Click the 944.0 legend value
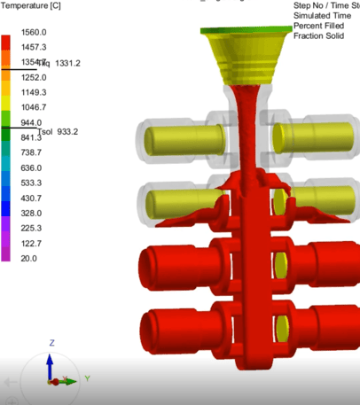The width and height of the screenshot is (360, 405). point(32,122)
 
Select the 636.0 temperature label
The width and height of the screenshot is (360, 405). point(32,167)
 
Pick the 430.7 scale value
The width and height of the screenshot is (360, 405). point(32,198)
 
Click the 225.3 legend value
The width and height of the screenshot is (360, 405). point(32,228)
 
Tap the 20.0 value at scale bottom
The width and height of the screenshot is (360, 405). point(29,258)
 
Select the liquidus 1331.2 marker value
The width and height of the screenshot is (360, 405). point(67,63)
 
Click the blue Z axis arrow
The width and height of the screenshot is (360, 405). point(51,363)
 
